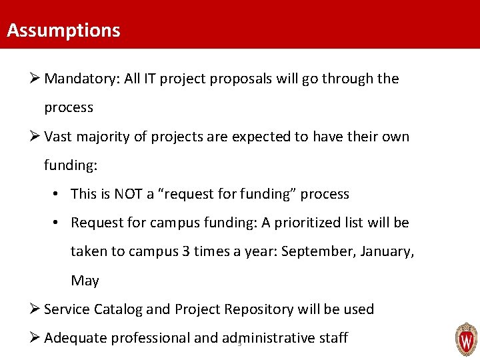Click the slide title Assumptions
(x=63, y=31)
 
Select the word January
(x=385, y=251)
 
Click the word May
(x=85, y=281)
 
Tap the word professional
(x=150, y=338)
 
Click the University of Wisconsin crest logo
(x=466, y=339)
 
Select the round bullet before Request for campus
(x=58, y=223)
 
